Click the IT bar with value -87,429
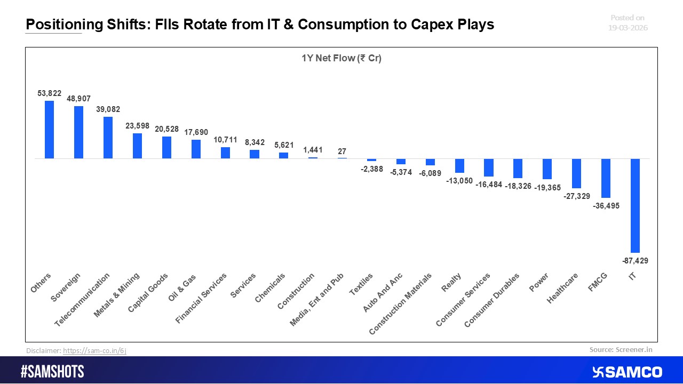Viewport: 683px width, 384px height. (x=635, y=205)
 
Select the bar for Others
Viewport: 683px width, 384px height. (x=49, y=130)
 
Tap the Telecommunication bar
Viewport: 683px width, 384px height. (x=108, y=138)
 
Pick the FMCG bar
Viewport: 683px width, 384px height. (x=606, y=178)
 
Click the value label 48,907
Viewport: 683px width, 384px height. (x=78, y=99)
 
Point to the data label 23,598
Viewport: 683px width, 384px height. (x=137, y=126)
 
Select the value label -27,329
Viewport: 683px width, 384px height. (x=577, y=196)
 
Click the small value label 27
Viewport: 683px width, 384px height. (x=342, y=151)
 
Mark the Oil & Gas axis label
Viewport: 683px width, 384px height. (x=183, y=287)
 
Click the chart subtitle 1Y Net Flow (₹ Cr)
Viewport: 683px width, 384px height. (x=341, y=59)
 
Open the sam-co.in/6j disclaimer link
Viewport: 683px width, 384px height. (x=94, y=350)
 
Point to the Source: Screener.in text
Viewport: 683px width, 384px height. (x=621, y=350)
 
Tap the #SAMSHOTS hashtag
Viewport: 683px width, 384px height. (x=52, y=372)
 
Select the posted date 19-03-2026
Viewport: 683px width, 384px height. (x=628, y=28)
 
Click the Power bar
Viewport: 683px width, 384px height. (x=547, y=169)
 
